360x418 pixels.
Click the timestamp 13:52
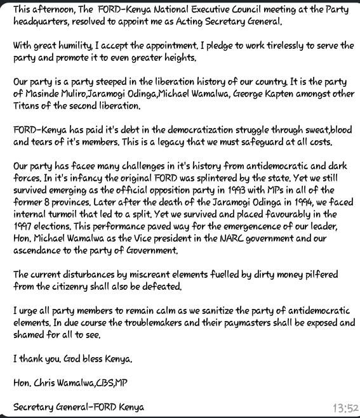(345, 407)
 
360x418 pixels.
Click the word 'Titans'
(27, 106)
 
